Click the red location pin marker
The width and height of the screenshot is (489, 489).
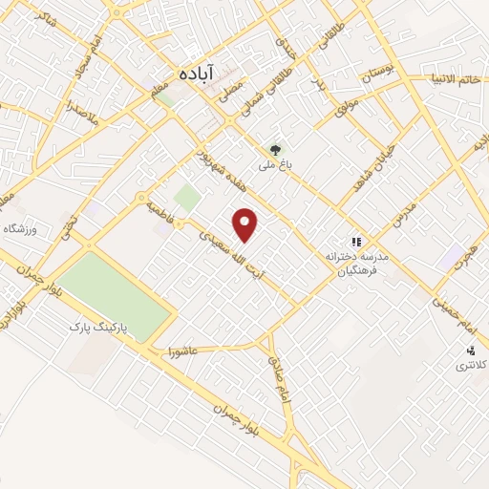(x=246, y=224)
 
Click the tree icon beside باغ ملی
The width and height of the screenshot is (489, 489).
(x=276, y=149)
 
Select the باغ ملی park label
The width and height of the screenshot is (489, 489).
(x=273, y=164)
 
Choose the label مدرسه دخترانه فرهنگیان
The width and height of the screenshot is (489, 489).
(x=356, y=265)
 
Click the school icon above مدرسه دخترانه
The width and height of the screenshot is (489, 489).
(x=356, y=243)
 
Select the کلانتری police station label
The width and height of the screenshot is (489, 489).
(x=469, y=366)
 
